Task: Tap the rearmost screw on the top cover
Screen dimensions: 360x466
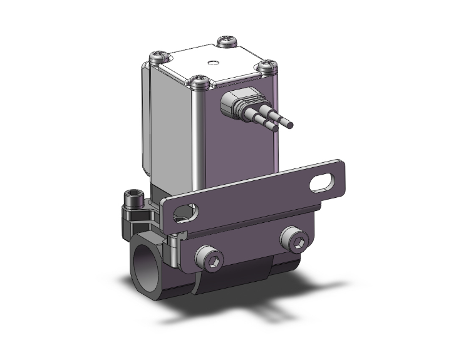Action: [225, 43]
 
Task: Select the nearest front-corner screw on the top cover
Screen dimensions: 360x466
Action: [199, 80]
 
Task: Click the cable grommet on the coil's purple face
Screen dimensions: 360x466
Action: [232, 103]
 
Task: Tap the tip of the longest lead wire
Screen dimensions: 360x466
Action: [291, 126]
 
